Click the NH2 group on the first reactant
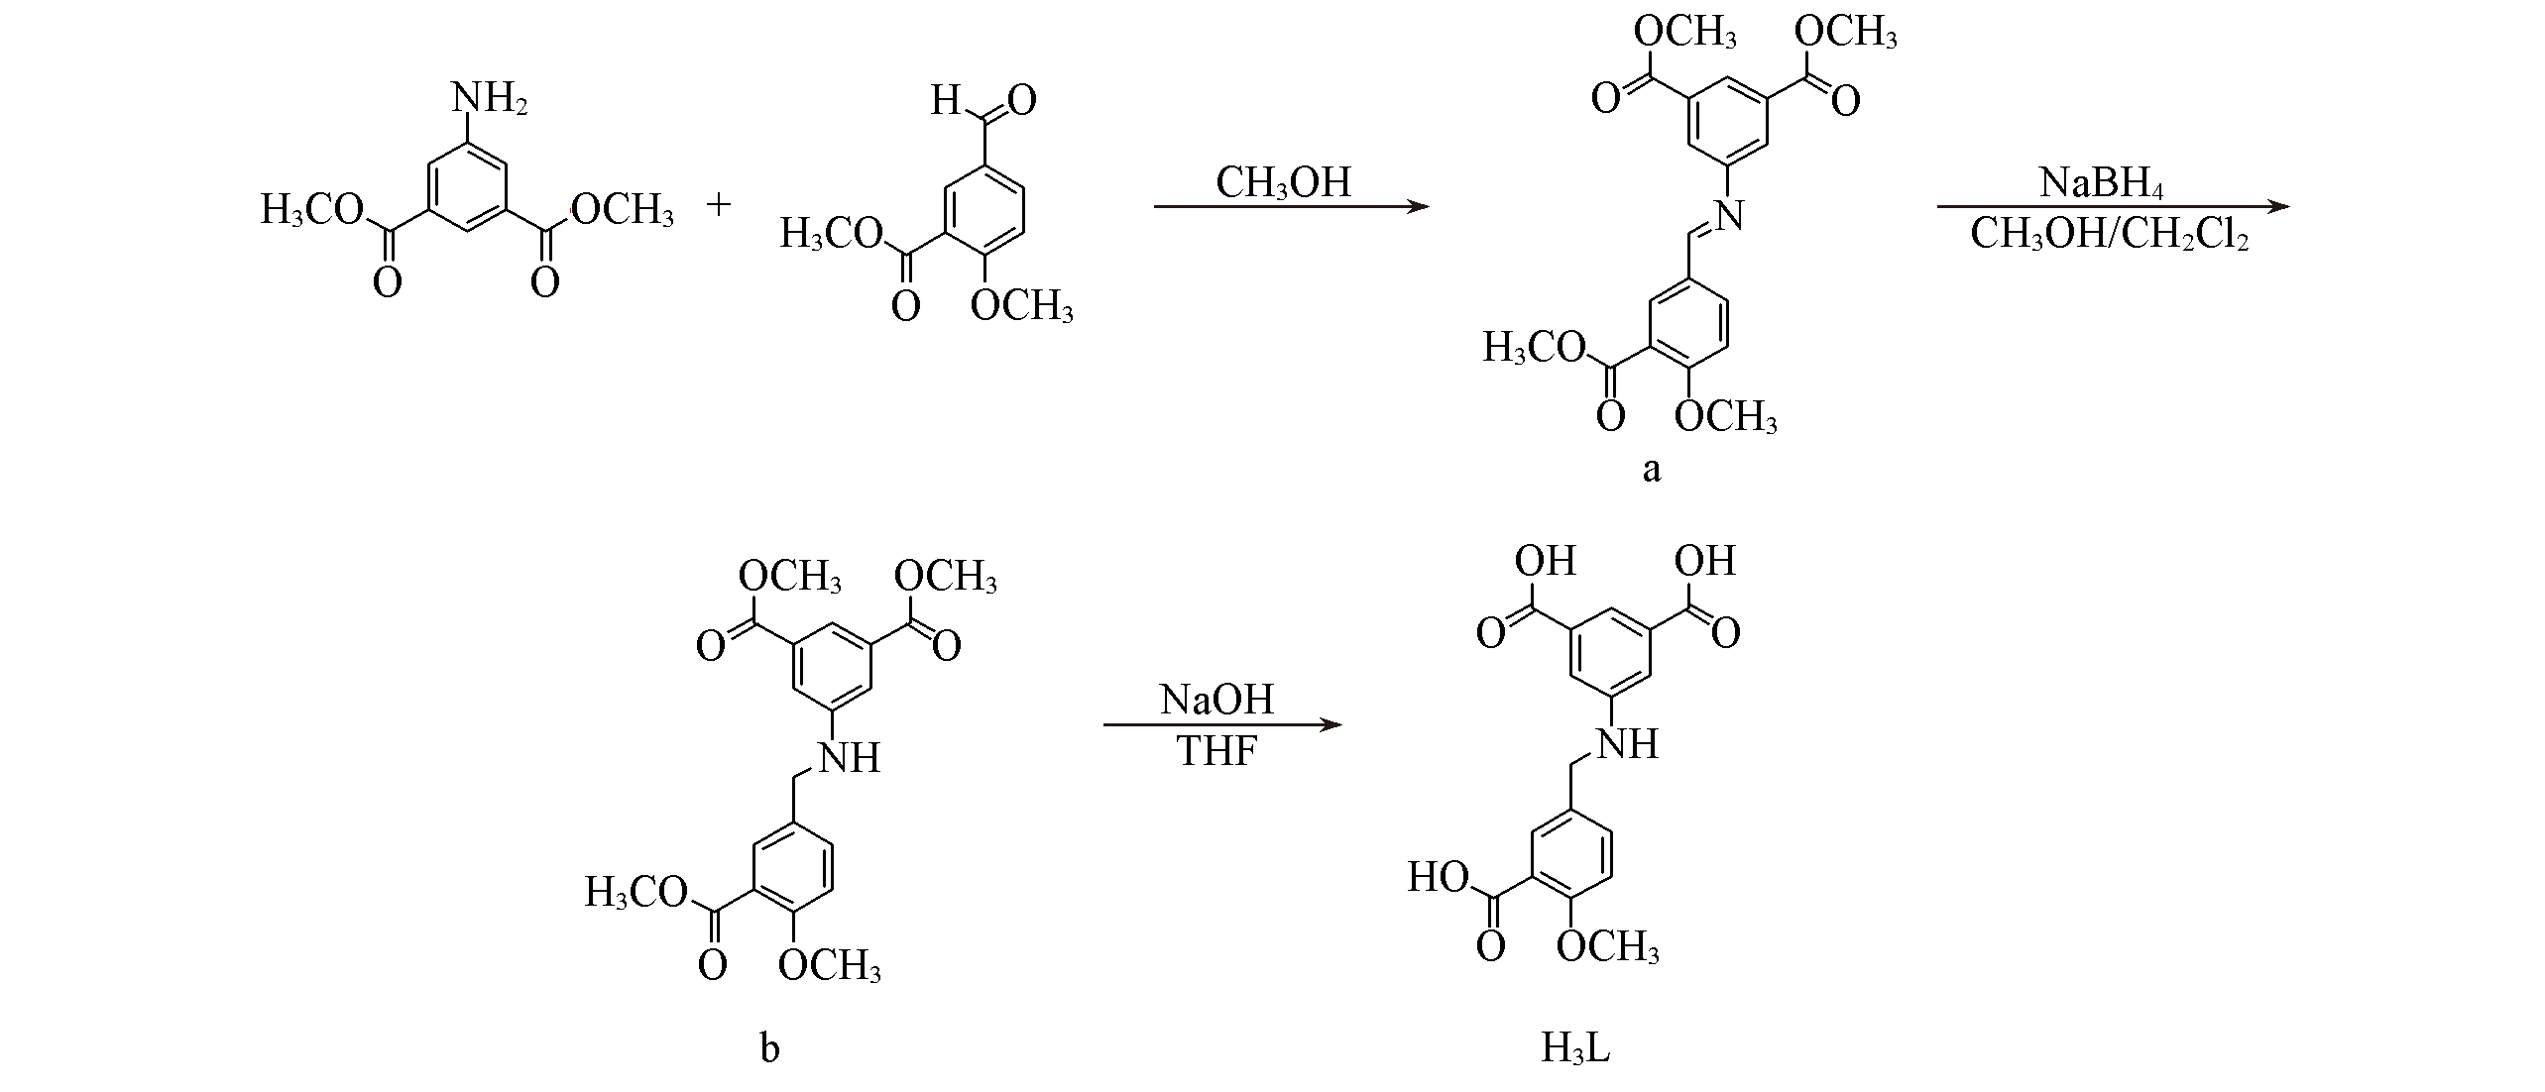489,100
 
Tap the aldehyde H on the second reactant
946,100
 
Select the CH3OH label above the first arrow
1284,182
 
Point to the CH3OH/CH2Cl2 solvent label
2109,235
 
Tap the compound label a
1650,469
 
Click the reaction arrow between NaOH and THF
1222,726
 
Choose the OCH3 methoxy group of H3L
1607,947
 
